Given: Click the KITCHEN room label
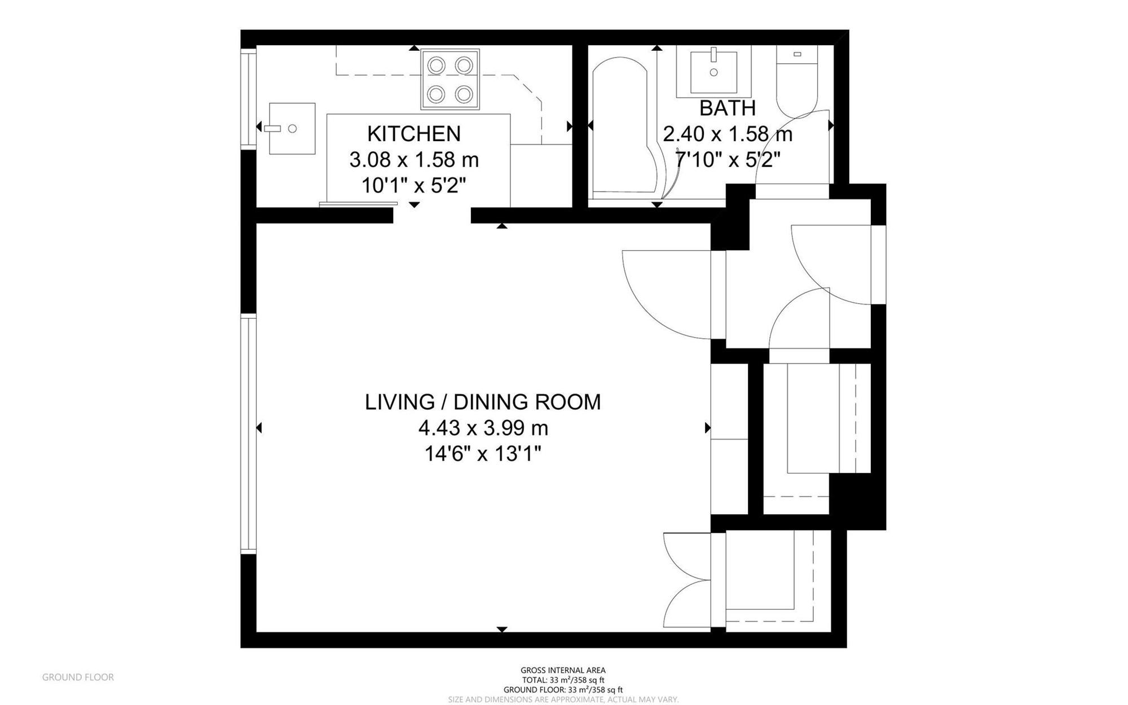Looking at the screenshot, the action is pos(414,134).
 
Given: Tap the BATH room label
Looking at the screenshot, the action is pos(728,108).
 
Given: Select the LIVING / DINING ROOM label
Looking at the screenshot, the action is pos(483,402).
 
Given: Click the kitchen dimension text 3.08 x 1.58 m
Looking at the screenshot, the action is pos(414,160).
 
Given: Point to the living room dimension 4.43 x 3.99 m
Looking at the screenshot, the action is pos(483,428).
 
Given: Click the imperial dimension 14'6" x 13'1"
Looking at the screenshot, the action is pos(483,454).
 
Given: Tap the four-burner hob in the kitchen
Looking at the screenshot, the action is pos(450,79).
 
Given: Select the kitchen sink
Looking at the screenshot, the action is pos(292,128).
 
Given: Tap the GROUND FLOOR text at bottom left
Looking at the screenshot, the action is pos(78,677).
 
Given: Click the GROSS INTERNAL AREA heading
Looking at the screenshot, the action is pos(563,671).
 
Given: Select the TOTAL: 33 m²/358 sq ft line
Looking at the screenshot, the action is pos(563,680).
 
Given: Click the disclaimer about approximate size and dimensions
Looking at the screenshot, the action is pos(563,699).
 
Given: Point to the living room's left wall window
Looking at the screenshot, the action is pos(248,434).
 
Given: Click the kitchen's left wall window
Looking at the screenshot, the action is pos(248,99).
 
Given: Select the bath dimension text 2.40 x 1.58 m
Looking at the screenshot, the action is pos(728,134).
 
